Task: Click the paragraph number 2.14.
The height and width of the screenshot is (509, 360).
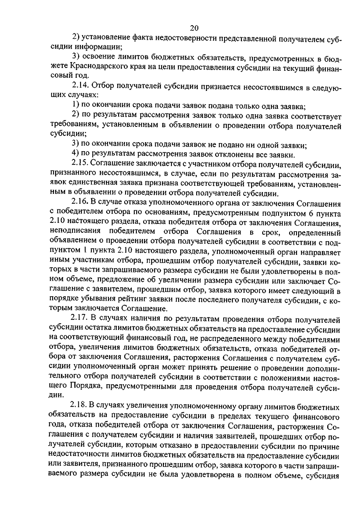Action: tap(81, 86)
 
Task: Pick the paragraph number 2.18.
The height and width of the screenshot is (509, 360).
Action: tap(79, 407)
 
